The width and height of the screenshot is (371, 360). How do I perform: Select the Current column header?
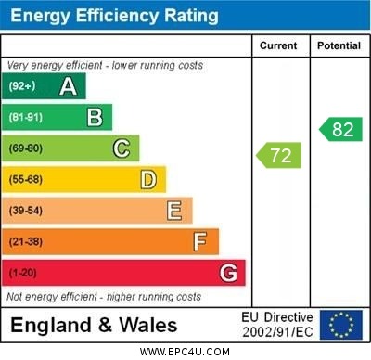278,45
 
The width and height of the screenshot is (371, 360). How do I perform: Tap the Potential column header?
339,45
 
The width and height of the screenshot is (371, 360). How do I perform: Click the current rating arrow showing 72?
280,155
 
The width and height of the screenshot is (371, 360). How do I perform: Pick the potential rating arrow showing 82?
340,129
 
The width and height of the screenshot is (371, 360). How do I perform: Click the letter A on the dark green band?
68,86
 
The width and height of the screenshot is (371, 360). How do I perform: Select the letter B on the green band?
95,117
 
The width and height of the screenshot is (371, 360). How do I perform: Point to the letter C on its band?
122,148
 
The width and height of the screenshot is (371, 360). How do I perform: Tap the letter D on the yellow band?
148,179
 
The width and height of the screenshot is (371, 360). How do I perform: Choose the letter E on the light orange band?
174,211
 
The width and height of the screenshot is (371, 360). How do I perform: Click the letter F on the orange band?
200,242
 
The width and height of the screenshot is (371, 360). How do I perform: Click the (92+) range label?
22,86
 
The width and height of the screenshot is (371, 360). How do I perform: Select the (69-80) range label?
26,148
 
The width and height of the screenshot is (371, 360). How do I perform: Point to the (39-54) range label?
26,211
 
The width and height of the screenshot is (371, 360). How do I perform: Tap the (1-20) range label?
22,274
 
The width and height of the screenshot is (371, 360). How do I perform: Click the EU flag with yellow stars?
341,324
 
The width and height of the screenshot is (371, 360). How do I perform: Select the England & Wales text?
95,325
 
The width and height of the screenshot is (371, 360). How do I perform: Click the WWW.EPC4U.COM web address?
185,353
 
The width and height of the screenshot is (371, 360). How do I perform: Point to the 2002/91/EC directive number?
277,331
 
